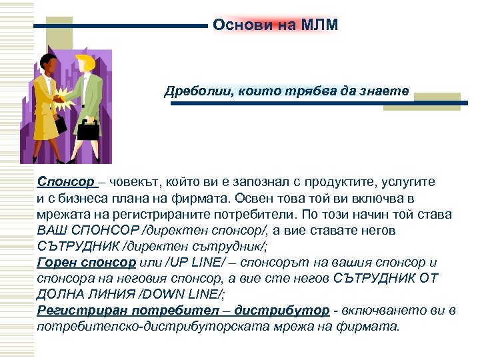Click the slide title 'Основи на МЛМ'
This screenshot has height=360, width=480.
coord(276,25)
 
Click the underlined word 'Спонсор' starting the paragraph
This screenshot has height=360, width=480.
coord(66,181)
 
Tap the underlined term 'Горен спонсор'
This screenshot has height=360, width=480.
coord(87,262)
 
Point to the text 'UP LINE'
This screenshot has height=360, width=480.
coord(188,262)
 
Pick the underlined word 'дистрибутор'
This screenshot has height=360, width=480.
coord(293,311)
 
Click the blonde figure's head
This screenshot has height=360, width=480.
coord(85,63)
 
